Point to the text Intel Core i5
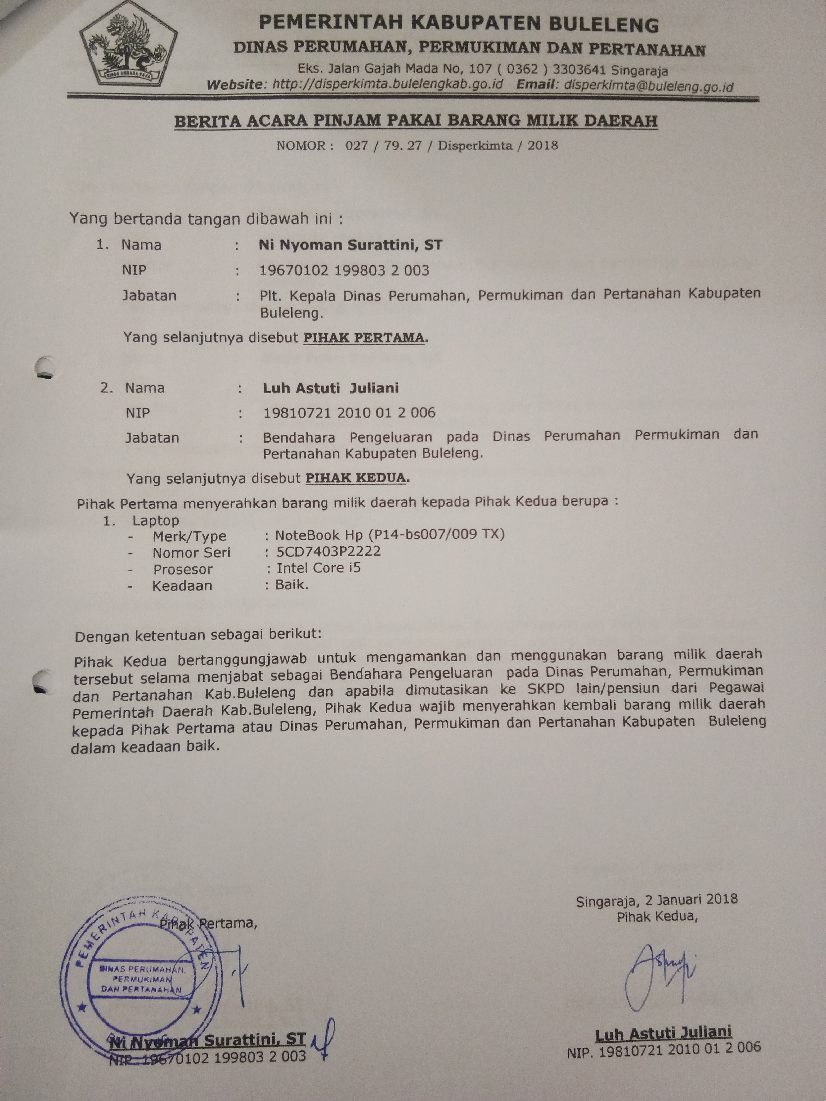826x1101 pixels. click(x=319, y=568)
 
